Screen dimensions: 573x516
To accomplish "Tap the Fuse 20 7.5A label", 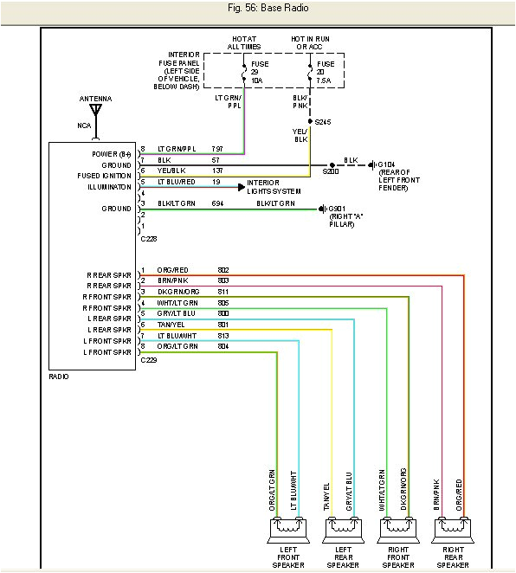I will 326,71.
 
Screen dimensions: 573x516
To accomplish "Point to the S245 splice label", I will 324,122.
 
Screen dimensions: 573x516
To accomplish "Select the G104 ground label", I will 386,164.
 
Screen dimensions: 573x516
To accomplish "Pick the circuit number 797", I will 217,150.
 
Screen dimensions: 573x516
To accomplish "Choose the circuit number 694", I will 217,203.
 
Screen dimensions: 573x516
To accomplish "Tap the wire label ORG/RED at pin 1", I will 171,270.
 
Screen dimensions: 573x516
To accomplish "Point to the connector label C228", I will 148,238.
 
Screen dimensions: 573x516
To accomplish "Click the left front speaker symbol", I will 287,525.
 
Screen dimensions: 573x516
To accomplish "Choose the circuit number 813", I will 223,335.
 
